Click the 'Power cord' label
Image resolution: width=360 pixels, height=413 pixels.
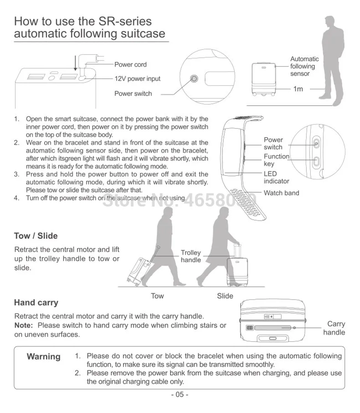[130, 65]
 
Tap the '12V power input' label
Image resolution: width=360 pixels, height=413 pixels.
[137, 79]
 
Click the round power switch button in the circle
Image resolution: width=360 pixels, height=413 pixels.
[195, 78]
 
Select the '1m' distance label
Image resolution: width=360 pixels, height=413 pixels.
[298, 89]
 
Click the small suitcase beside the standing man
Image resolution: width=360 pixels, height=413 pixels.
[264, 78]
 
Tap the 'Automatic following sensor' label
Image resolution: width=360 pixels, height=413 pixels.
[304, 66]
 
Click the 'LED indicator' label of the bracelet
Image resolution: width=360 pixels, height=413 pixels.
[276, 177]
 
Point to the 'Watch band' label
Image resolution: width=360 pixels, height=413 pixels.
[281, 193]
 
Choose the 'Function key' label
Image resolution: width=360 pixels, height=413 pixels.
[276, 160]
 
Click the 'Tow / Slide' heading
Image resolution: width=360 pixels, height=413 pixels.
[36, 236]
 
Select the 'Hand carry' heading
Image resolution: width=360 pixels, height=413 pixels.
[36, 302]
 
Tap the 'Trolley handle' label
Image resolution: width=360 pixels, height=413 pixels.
[190, 256]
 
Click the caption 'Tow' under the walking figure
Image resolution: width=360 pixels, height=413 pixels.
[157, 296]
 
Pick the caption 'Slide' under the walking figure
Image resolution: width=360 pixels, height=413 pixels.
[225, 296]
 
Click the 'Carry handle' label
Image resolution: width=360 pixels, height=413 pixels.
[334, 328]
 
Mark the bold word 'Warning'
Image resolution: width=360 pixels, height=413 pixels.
[44, 356]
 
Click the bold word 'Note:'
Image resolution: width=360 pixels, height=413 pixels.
[24, 325]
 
